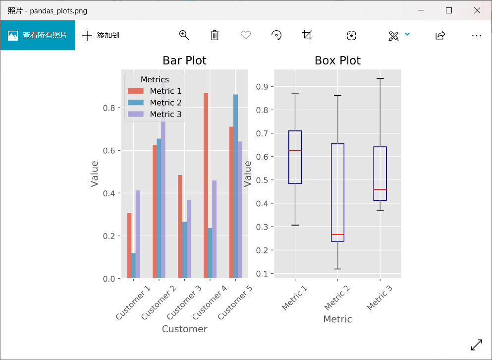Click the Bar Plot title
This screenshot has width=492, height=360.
coord(184,60)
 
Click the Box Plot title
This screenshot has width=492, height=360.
coord(337,60)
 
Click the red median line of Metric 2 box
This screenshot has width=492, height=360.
coord(337,235)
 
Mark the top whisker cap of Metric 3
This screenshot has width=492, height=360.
coord(380,78)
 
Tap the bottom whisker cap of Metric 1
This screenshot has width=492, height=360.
coord(295,225)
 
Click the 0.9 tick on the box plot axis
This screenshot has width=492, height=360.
coord(262,87)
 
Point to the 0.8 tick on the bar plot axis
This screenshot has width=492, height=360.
coord(109,108)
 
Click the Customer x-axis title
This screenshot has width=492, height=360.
coord(184,329)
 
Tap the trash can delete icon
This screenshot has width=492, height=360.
coord(215,35)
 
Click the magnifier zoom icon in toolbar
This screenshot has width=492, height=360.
coord(184,35)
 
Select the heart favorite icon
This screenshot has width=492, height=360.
coord(246,35)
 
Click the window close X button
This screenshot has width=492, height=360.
coord(477,10)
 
